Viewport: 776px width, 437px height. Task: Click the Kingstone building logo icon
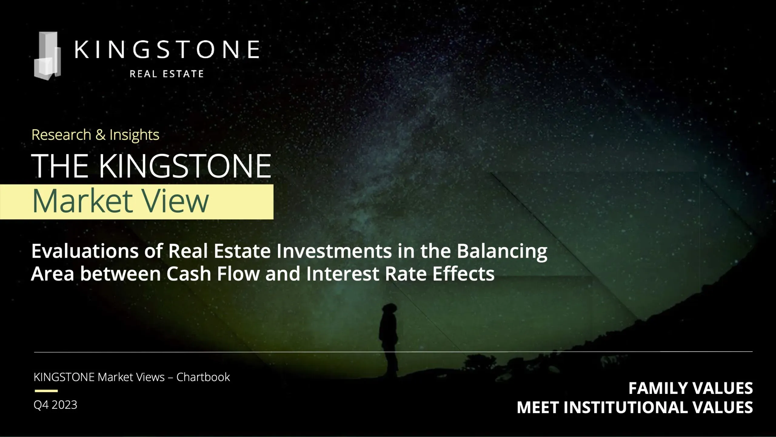[47, 56]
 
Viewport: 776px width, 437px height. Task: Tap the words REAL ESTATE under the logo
[167, 74]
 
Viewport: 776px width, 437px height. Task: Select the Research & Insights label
[95, 135]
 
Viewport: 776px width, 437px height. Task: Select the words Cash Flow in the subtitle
[213, 274]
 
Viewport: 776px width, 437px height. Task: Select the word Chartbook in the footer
[203, 377]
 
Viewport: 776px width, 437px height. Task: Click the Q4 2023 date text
[55, 405]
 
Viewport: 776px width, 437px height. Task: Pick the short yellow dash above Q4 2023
[46, 391]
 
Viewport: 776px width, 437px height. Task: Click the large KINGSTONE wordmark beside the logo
[167, 49]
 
